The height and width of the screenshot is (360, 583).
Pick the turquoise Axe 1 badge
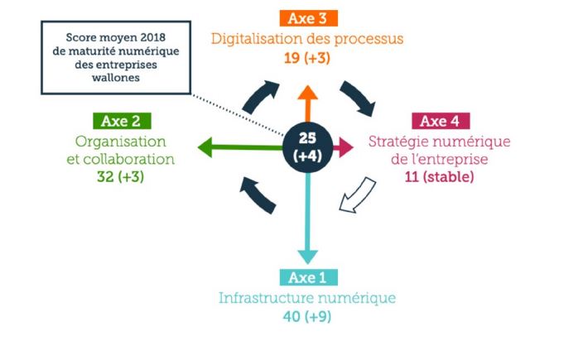308,277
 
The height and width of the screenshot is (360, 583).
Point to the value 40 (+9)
307,316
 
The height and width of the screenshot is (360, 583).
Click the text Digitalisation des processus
308,39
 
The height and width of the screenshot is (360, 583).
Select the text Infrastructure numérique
307,297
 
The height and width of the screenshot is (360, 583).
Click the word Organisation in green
121,142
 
